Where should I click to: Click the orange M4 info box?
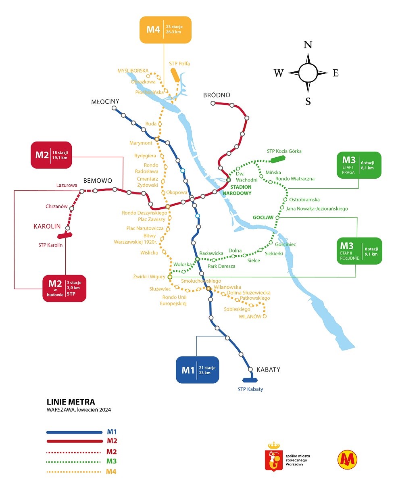(x=165, y=29)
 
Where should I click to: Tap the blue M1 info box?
(x=197, y=369)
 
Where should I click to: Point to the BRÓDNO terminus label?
(x=217, y=95)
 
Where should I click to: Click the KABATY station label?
(x=268, y=369)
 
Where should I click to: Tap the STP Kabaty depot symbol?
(x=250, y=380)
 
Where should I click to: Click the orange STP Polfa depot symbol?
(x=175, y=75)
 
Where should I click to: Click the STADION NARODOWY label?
(x=241, y=190)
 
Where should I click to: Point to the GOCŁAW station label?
(x=263, y=217)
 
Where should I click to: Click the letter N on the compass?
(x=308, y=45)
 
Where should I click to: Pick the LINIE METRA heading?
(x=71, y=402)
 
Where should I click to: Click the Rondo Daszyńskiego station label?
(x=144, y=213)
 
